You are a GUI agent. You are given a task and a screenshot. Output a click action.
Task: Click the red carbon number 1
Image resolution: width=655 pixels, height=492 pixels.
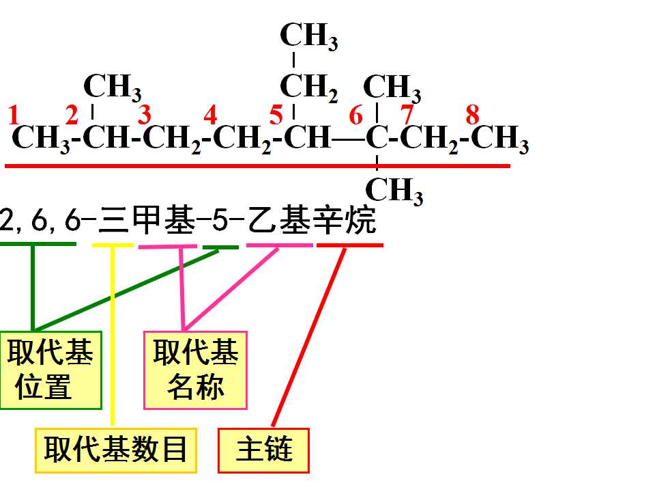pyautogui.click(x=14, y=115)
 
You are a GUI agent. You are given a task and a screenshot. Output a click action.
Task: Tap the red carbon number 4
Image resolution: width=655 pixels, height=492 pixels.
pyautogui.click(x=210, y=115)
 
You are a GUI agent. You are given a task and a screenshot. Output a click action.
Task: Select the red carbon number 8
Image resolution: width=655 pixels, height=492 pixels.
pyautogui.click(x=472, y=115)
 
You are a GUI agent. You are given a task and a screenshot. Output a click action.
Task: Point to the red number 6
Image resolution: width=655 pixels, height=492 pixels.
pyautogui.click(x=356, y=115)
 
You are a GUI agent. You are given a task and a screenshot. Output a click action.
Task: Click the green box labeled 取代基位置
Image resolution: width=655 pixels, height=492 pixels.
pyautogui.click(x=51, y=370)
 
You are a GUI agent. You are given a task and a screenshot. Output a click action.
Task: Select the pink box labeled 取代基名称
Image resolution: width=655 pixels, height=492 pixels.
pyautogui.click(x=196, y=370)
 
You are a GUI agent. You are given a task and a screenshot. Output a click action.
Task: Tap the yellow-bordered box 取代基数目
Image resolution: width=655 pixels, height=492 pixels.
pyautogui.click(x=116, y=450)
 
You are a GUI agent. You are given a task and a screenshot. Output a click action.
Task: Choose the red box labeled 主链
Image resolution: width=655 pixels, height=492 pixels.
pyautogui.click(x=263, y=450)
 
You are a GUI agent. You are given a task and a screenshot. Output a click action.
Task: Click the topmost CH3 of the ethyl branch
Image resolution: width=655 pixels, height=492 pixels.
pyautogui.click(x=308, y=36)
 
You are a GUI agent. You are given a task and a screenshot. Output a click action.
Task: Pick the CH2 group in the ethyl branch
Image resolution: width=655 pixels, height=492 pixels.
pyautogui.click(x=308, y=88)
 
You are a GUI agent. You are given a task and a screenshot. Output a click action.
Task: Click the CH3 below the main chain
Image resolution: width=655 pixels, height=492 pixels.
pyautogui.click(x=394, y=191)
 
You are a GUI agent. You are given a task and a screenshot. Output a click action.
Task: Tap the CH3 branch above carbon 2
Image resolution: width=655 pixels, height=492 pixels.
pyautogui.click(x=113, y=87)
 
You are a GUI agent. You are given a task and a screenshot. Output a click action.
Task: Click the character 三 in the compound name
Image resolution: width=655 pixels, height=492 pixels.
pyautogui.click(x=113, y=220)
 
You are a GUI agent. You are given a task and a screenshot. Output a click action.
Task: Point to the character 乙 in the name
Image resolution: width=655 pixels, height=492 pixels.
pyautogui.click(x=261, y=220)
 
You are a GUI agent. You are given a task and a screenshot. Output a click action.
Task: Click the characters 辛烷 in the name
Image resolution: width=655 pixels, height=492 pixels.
pyautogui.click(x=345, y=220)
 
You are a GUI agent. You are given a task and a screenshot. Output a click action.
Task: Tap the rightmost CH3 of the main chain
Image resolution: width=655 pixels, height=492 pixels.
pyautogui.click(x=500, y=138)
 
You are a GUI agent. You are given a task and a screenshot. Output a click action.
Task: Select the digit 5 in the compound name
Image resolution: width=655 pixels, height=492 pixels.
pyautogui.click(x=219, y=220)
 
